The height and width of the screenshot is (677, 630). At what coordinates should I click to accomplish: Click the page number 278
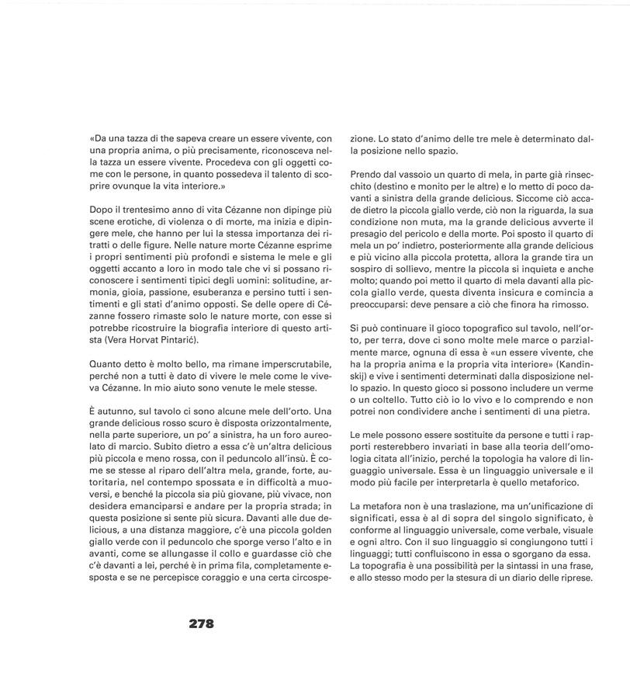[201, 623]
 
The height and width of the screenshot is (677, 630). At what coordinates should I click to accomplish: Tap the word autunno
[119, 411]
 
